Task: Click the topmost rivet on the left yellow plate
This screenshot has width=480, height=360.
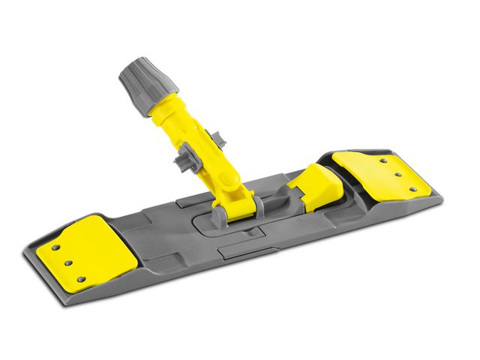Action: point(55,246)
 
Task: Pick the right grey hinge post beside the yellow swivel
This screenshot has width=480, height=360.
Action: point(257,202)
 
